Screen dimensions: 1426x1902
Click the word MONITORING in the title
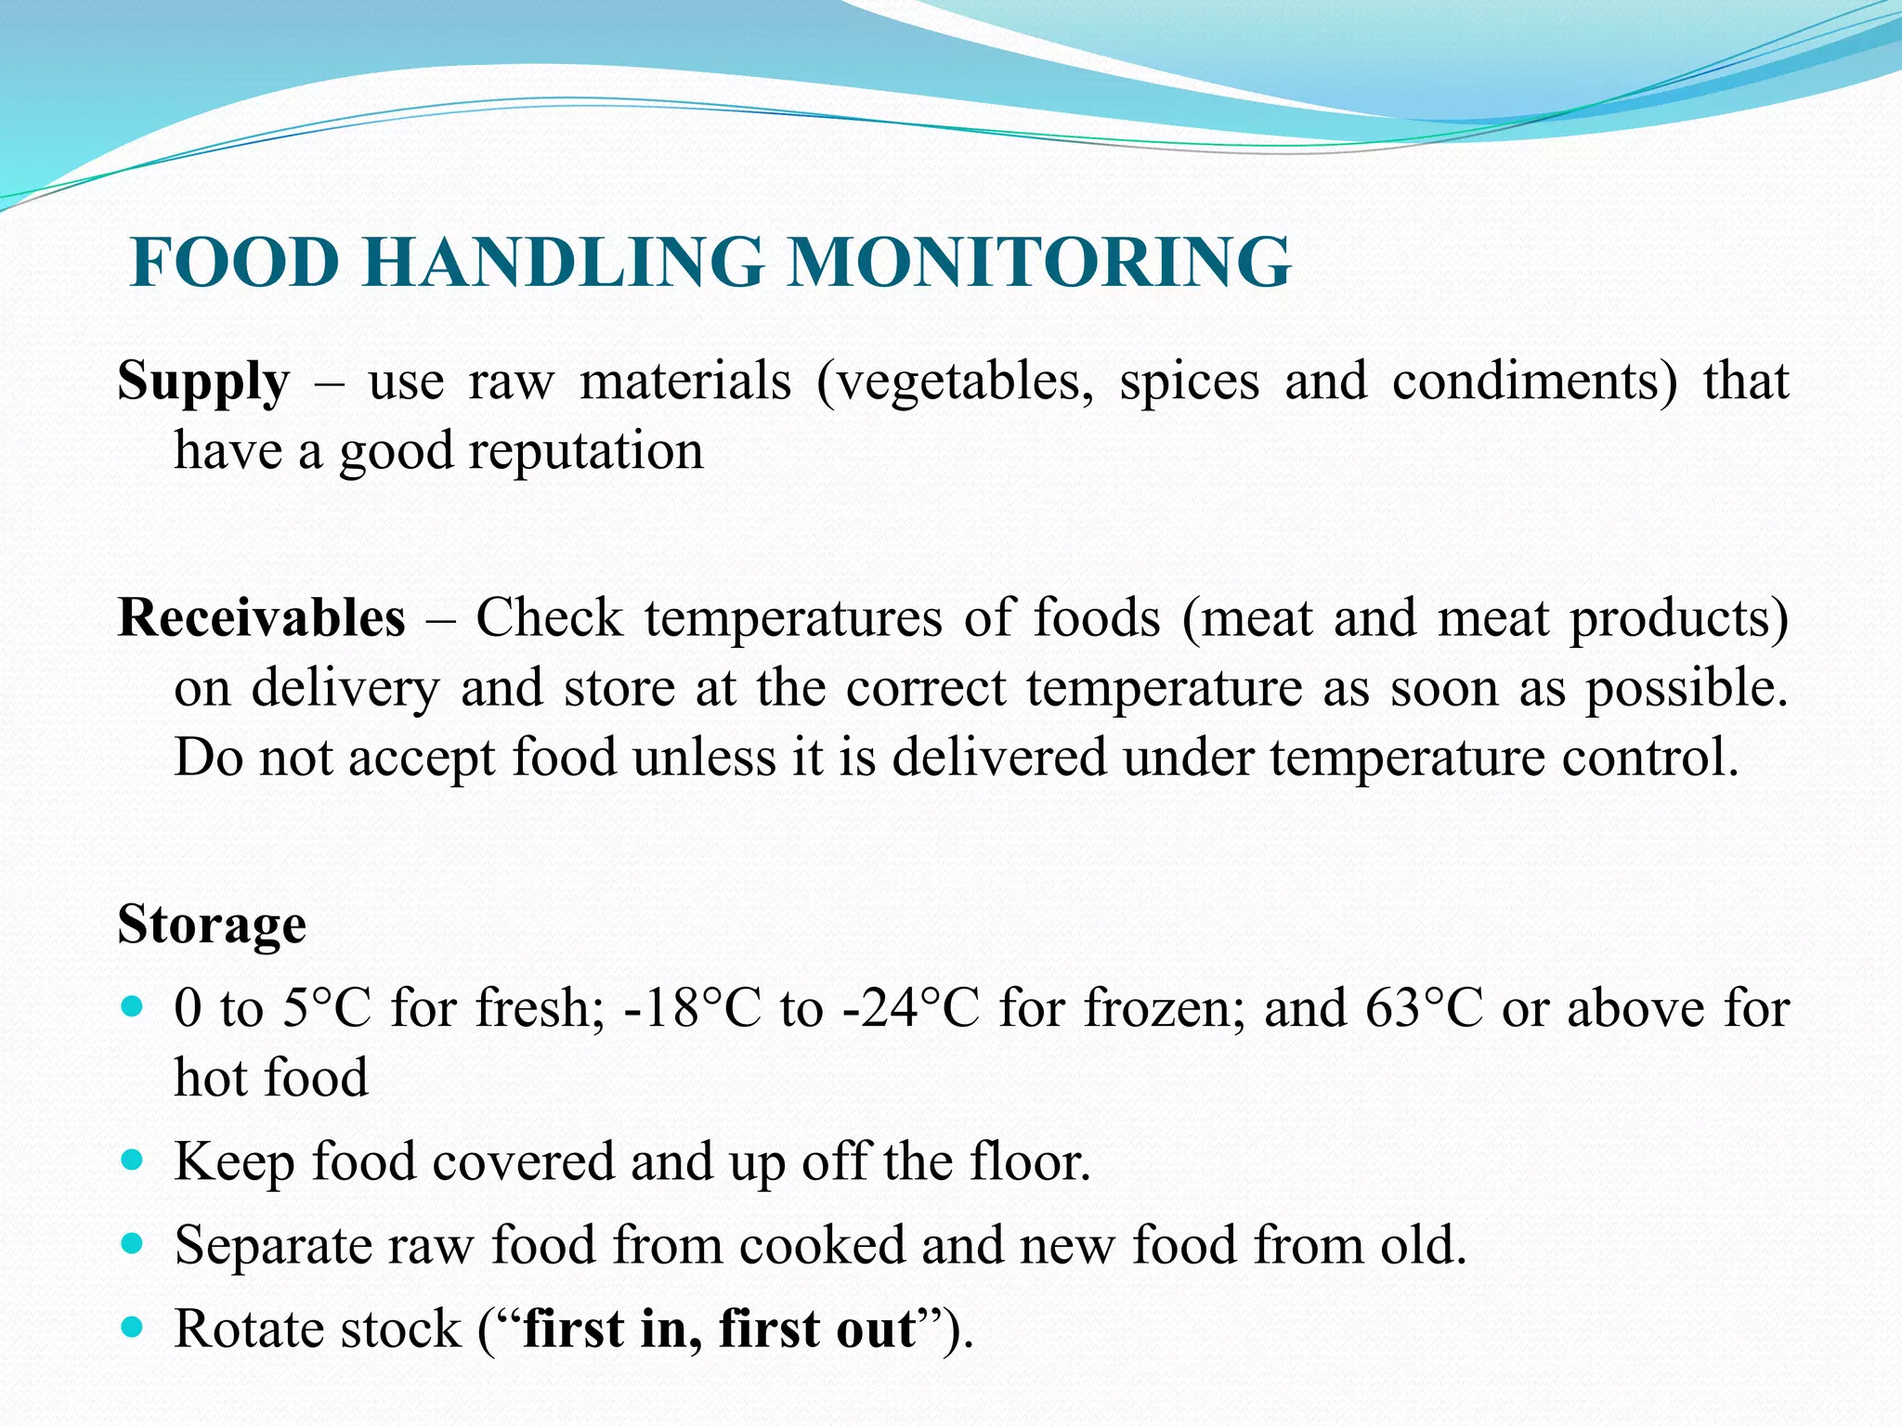[1039, 263]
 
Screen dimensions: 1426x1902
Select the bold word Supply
[203, 382]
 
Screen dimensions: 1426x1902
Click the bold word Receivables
[262, 617]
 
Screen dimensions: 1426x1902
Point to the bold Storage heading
[212, 924]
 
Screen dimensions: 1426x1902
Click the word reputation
[586, 452]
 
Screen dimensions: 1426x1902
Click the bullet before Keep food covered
[133, 1160]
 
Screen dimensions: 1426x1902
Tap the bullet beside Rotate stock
[133, 1327]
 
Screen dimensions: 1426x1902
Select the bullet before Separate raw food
[133, 1243]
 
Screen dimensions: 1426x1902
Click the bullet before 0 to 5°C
[133, 1005]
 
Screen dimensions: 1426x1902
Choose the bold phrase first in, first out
[720, 1328]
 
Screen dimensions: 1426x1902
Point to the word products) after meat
[1678, 618]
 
